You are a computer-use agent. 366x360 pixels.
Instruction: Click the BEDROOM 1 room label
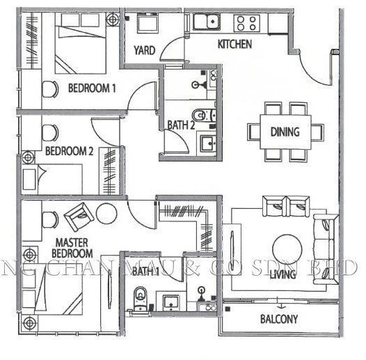tap(92, 88)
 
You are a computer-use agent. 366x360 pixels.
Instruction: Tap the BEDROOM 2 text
tap(69, 151)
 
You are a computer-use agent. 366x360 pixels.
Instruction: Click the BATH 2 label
tap(180, 125)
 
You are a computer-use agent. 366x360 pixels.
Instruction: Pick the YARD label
tap(143, 50)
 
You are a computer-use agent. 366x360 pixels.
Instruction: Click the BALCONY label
tap(279, 320)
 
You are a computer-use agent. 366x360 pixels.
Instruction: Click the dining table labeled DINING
tap(285, 132)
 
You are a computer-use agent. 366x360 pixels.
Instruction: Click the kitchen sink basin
tap(207, 22)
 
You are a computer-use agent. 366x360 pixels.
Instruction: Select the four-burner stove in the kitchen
tap(247, 22)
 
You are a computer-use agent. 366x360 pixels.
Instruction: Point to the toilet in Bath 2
tap(201, 114)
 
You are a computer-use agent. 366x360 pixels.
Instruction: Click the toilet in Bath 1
tap(141, 297)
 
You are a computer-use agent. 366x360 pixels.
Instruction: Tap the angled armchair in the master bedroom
tap(80, 218)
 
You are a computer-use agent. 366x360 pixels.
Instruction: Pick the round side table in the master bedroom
tap(106, 213)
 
